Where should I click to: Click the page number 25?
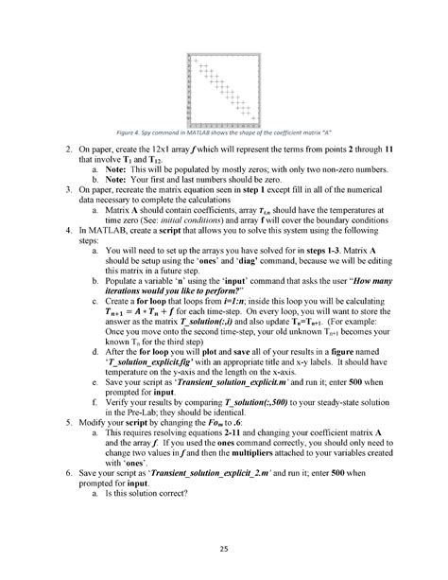pos(224,549)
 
